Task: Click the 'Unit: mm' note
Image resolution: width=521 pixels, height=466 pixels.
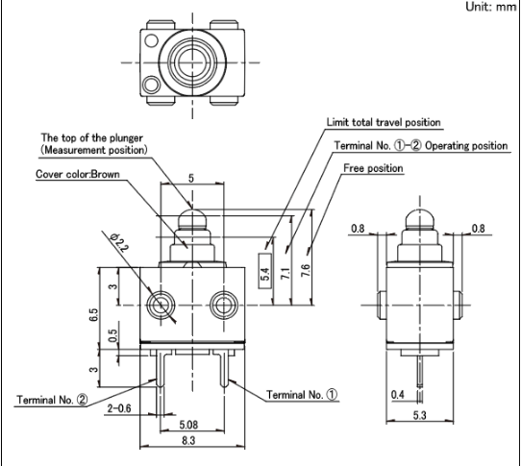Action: [490, 7]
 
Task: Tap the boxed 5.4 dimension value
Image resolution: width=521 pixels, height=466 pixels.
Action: [264, 271]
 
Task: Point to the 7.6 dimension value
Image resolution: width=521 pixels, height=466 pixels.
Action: [306, 271]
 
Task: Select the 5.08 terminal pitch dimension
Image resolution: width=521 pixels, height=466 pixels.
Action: [188, 424]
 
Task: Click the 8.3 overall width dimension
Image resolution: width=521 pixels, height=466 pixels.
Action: [188, 440]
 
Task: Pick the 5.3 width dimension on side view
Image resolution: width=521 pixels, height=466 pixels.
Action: [419, 415]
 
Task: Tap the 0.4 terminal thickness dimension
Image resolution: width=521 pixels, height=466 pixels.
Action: [398, 394]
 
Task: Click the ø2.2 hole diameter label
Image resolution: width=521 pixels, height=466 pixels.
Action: [119, 242]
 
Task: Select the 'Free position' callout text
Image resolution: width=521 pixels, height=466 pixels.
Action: [373, 168]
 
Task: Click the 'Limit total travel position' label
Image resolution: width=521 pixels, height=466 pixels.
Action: [384, 122]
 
